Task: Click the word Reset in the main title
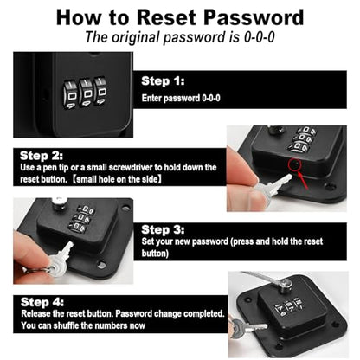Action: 166,17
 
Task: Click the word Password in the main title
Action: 254,17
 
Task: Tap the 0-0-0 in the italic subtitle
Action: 260,37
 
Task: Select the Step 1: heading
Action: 163,81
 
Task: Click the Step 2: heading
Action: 42,156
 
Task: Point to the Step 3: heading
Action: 163,230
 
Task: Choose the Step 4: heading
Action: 42,302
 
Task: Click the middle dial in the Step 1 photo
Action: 87,93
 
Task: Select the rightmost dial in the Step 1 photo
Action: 101,91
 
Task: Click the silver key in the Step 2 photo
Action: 270,188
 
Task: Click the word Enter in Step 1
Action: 151,99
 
